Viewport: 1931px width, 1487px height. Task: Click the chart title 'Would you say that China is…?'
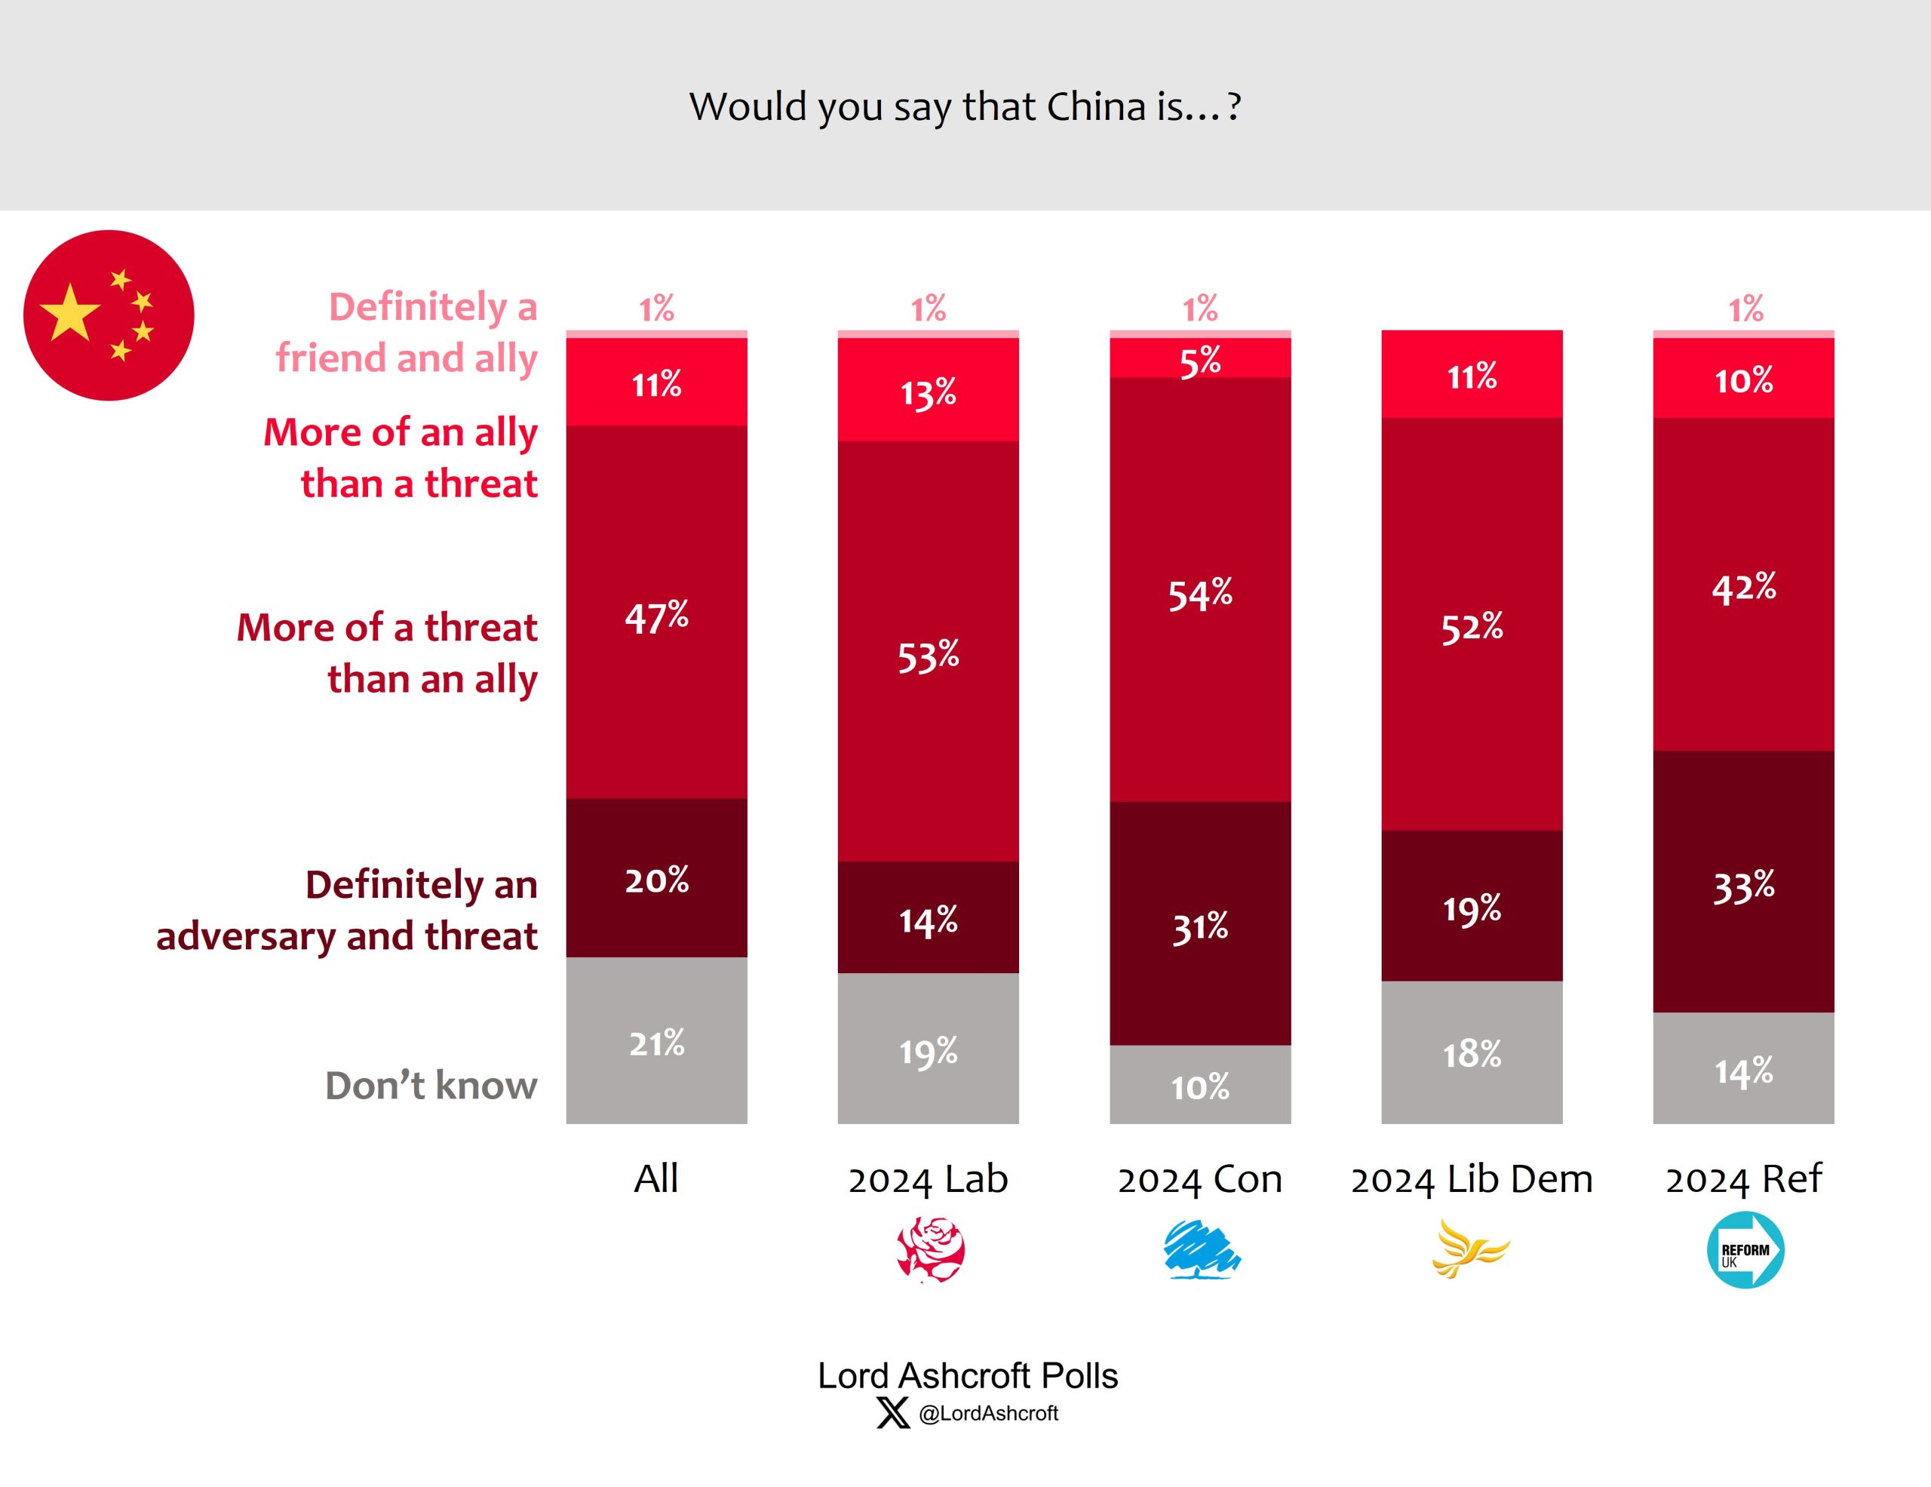coord(965,107)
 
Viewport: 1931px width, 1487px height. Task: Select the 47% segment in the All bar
coord(656,612)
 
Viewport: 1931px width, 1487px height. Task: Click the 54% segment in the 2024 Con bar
coord(1200,590)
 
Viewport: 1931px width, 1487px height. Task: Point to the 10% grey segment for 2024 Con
coord(1200,1084)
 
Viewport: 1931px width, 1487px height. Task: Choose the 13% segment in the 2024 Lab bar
coord(928,390)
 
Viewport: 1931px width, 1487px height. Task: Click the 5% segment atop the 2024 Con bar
coord(1200,358)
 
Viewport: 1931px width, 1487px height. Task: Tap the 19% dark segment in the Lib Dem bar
coord(1471,905)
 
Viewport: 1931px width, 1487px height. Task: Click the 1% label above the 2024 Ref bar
coord(1745,309)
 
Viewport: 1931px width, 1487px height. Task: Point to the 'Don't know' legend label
coord(431,1085)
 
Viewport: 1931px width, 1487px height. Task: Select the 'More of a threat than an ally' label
coord(387,653)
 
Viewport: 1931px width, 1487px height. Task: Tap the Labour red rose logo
coord(930,1249)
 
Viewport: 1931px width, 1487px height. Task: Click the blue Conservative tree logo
coord(1201,1249)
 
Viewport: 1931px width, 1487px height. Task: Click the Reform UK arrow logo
coord(1745,1249)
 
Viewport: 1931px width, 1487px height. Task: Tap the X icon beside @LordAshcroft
coord(892,1412)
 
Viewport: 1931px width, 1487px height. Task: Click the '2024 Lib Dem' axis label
coord(1471,1178)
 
